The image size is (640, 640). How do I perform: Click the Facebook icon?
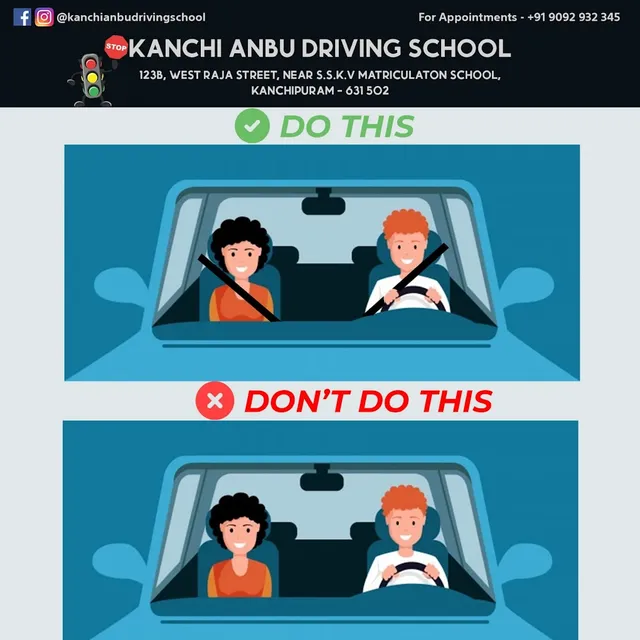click(x=22, y=17)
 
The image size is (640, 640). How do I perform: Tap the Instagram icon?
click(x=44, y=17)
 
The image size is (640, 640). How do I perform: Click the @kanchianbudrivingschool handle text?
click(x=131, y=17)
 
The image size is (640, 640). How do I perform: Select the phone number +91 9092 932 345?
click(x=573, y=17)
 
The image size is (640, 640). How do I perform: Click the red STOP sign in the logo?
click(x=116, y=46)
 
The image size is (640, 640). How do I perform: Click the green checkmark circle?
click(x=252, y=126)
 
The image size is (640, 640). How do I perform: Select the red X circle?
click(x=214, y=401)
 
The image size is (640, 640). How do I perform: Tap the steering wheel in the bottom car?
click(x=411, y=573)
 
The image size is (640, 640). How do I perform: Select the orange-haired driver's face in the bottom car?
click(x=405, y=530)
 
